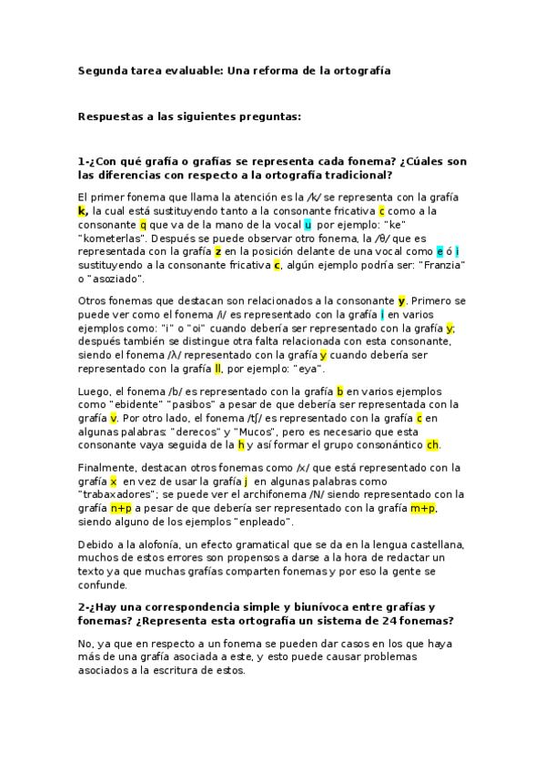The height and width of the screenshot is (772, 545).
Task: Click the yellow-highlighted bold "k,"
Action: (83, 210)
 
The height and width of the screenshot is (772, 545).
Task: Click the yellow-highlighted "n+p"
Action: (122, 508)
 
